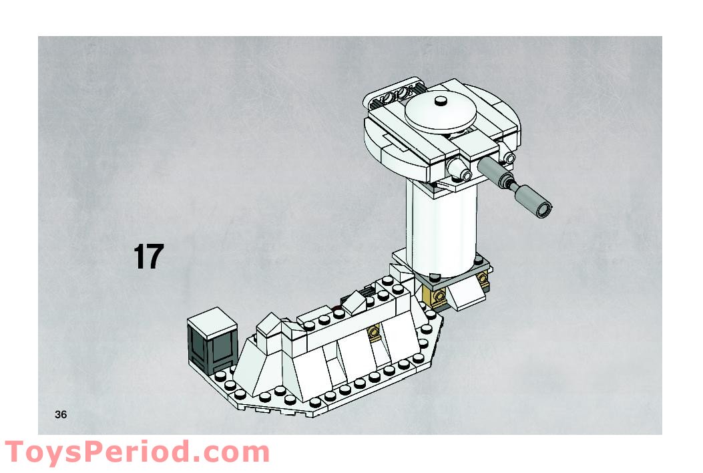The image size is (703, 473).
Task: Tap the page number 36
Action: tap(61, 415)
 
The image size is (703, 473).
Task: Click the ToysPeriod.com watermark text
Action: tap(137, 453)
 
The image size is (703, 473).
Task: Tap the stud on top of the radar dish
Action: tap(440, 102)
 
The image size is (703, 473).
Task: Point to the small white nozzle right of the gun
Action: tap(509, 159)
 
